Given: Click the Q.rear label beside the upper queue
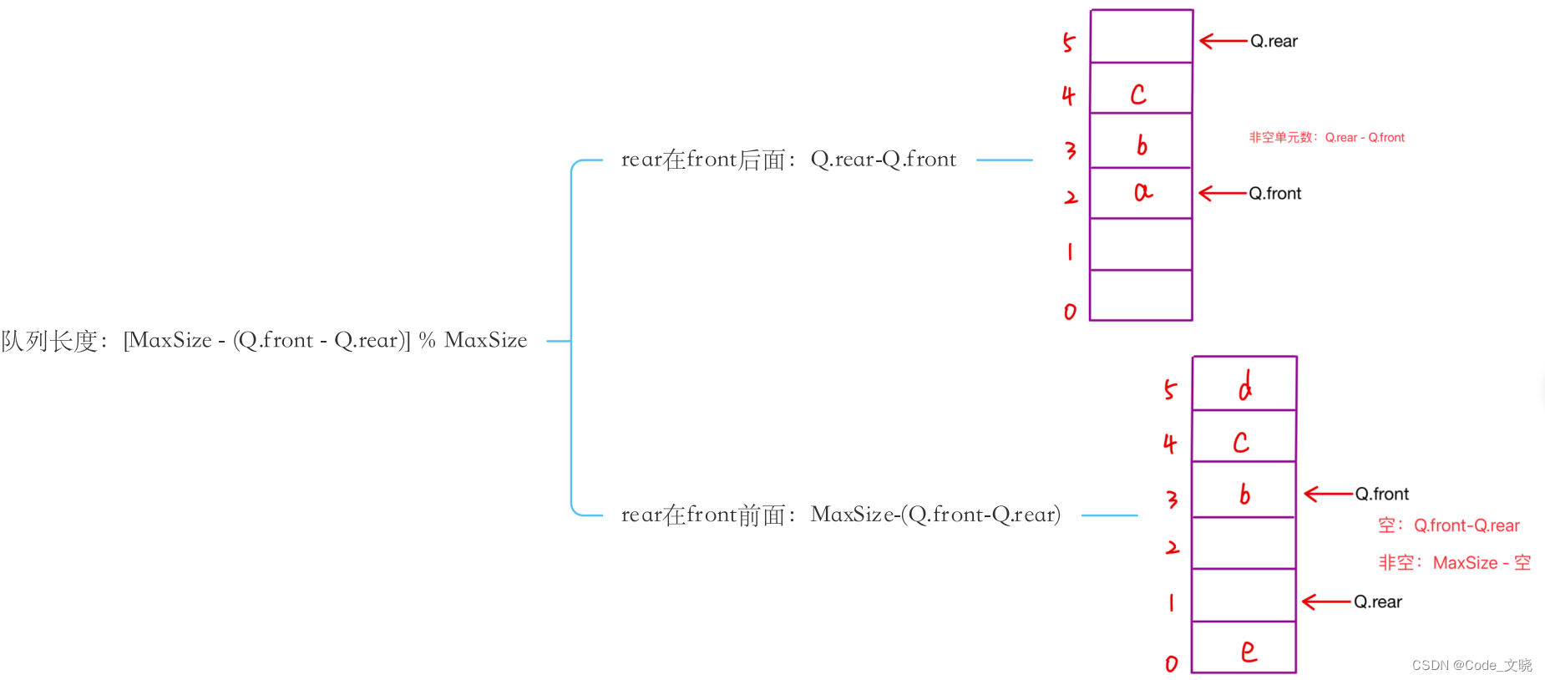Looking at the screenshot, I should pyautogui.click(x=1274, y=41).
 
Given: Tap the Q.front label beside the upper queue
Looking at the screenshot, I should pyautogui.click(x=1275, y=194).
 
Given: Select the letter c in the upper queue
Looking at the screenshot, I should pyautogui.click(x=1138, y=94).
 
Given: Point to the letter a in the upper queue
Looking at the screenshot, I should pyautogui.click(x=1143, y=193).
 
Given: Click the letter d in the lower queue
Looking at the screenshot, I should pyautogui.click(x=1245, y=386).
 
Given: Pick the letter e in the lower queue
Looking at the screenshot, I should pyautogui.click(x=1249, y=651).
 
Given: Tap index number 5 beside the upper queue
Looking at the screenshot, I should pyautogui.click(x=1069, y=43).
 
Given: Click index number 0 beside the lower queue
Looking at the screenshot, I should pyautogui.click(x=1172, y=664).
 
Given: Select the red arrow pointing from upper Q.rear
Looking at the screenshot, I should pyautogui.click(x=1223, y=41).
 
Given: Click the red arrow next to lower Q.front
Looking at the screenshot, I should pyautogui.click(x=1328, y=494).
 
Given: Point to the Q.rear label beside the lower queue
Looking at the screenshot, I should pyautogui.click(x=1378, y=602).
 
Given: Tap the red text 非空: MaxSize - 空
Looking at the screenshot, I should pyautogui.click(x=1454, y=563).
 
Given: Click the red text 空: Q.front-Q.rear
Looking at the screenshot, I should pyautogui.click(x=1449, y=525).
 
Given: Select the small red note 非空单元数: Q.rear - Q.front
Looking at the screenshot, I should pyautogui.click(x=1326, y=138).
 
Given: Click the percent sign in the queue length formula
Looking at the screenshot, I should pyautogui.click(x=427, y=340).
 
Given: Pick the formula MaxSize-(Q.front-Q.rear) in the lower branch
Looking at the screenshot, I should pyautogui.click(x=935, y=515).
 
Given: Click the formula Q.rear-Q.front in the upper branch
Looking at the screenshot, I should pyautogui.click(x=883, y=160).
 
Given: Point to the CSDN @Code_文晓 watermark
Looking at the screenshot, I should pyautogui.click(x=1472, y=665).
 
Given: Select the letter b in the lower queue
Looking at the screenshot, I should pyautogui.click(x=1244, y=494).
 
